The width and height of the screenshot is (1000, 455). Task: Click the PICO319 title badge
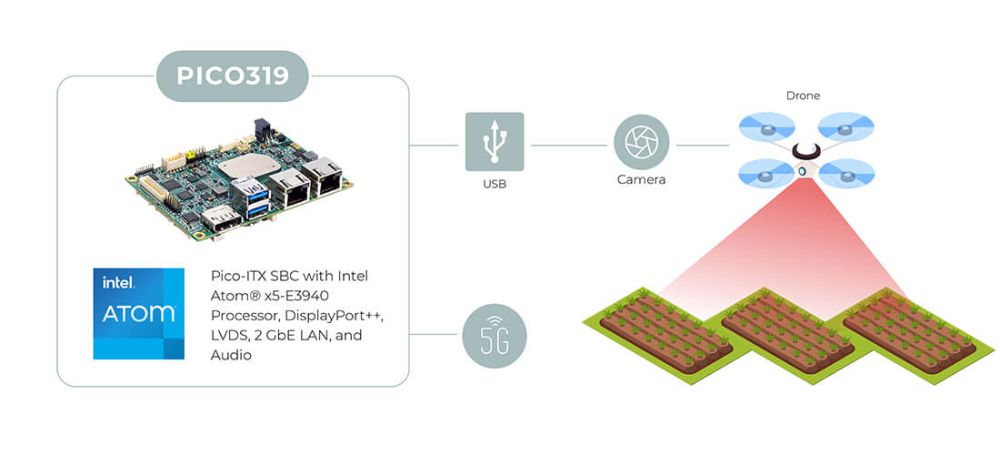tap(232, 76)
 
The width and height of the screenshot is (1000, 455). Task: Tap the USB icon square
tap(495, 142)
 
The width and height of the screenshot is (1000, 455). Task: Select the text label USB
tap(495, 185)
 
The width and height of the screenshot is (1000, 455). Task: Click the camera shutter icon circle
tap(642, 142)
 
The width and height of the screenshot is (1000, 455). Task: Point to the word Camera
tap(641, 180)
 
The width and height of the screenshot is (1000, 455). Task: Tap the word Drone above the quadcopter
tap(803, 96)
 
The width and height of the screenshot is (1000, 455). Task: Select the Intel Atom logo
tap(138, 313)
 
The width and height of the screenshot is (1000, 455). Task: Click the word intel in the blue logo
tap(118, 283)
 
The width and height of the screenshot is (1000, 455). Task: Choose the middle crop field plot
tap(787, 333)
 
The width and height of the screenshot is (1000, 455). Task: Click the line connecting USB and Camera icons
tap(569, 145)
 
